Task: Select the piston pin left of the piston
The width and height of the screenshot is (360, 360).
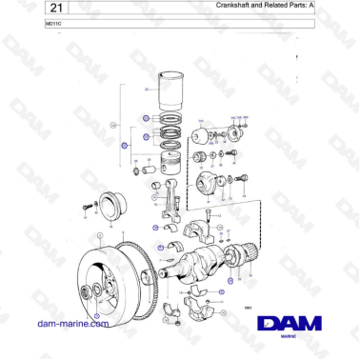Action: coord(149,171)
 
